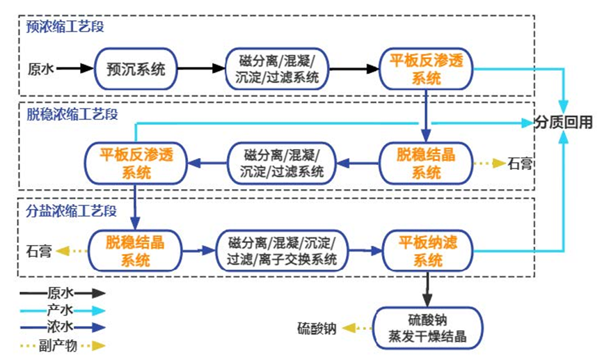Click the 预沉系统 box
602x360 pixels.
point(136,68)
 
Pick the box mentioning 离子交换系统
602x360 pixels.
point(282,251)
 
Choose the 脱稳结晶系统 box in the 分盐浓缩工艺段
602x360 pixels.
point(135,251)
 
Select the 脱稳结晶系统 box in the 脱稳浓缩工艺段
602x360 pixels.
point(427,163)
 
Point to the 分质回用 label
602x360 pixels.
point(564,123)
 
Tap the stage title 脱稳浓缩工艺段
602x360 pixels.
point(72,113)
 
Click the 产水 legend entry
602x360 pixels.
point(63,310)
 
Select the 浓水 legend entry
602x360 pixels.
point(63,327)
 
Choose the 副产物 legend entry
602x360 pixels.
point(63,344)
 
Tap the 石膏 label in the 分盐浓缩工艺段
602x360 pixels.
point(38,251)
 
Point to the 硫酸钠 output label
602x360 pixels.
point(317,329)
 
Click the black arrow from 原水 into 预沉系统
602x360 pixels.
point(74,68)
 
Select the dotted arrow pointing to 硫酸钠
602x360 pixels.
point(356,329)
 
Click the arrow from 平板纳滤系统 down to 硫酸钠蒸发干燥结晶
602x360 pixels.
point(427,287)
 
